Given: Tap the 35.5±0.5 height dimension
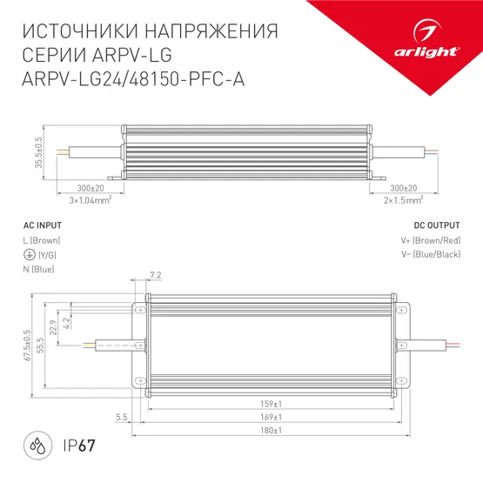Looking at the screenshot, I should tap(39, 151).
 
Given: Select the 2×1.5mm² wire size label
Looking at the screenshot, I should tap(402, 198).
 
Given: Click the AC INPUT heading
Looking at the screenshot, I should tap(40, 224).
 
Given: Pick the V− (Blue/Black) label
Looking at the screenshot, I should tap(431, 254).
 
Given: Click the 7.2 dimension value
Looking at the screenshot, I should tap(156, 276).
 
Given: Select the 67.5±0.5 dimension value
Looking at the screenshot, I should tap(29, 344).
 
